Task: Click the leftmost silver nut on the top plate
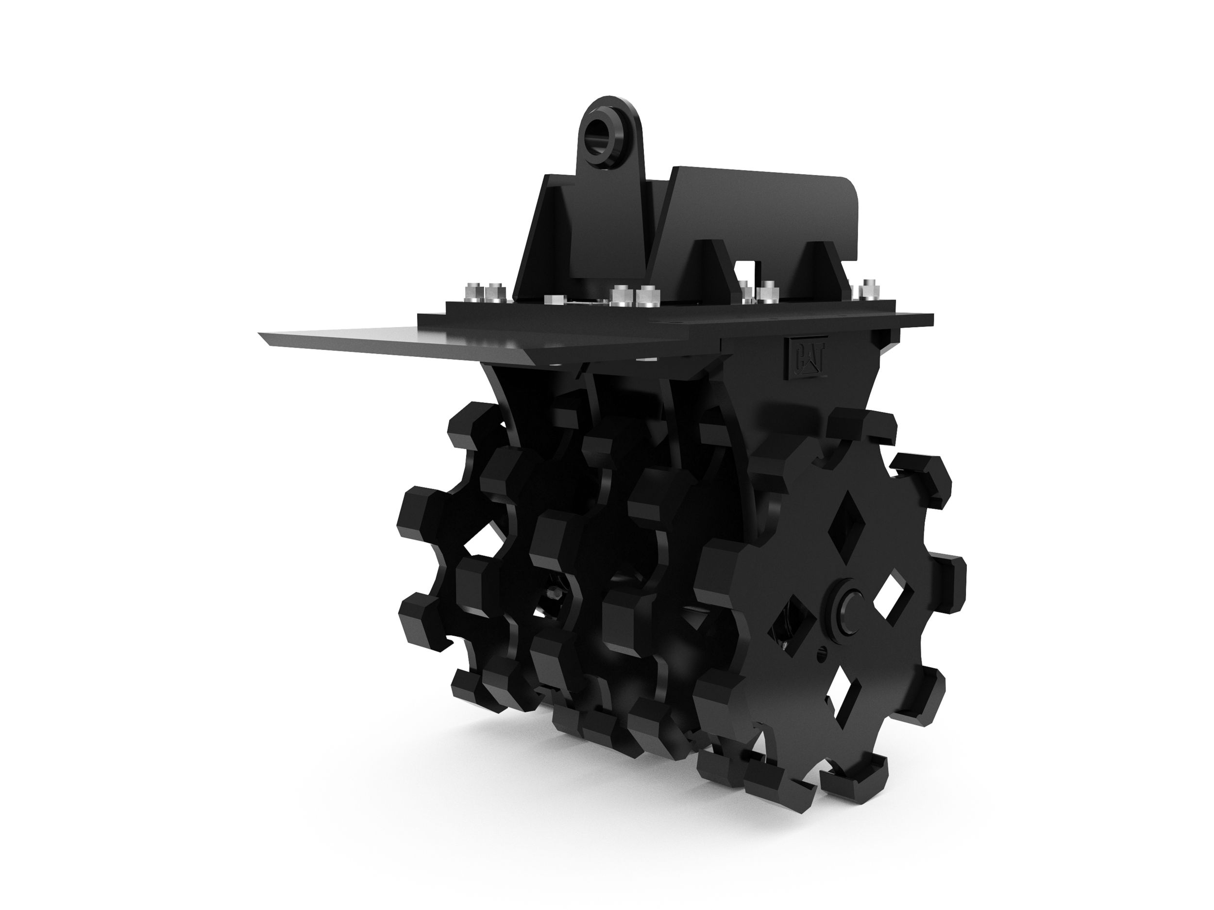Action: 472,291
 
